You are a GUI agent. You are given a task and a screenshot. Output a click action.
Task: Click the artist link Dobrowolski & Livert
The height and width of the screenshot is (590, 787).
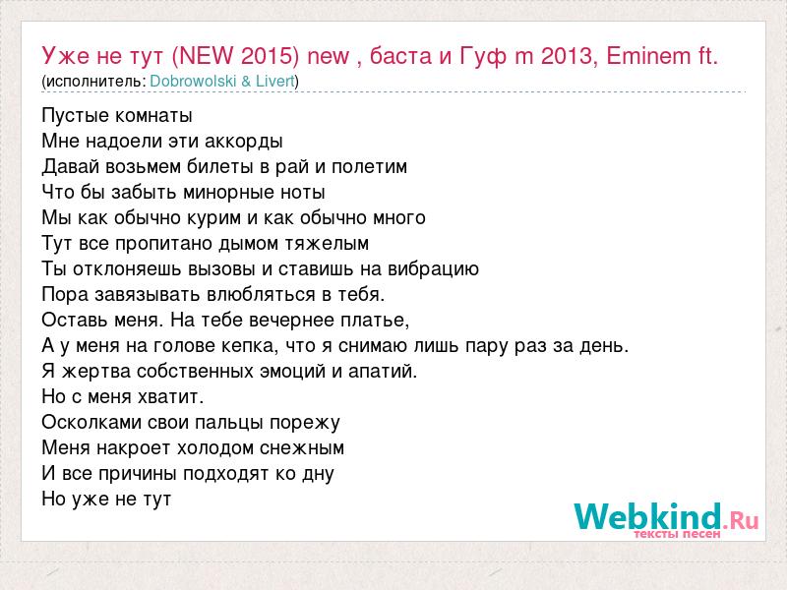pyautogui.click(x=222, y=81)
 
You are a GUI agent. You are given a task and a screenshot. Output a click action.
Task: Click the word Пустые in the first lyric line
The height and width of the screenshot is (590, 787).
pyautogui.click(x=76, y=116)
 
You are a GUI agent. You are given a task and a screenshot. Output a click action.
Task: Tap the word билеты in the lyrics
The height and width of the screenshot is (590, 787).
pyautogui.click(x=220, y=166)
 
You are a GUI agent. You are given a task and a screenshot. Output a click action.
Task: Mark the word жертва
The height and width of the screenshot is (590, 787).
pyautogui.click(x=95, y=372)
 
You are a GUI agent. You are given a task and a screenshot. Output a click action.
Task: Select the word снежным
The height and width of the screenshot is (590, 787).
pyautogui.click(x=302, y=448)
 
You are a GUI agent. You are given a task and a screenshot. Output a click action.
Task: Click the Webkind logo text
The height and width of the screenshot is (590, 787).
pyautogui.click(x=666, y=516)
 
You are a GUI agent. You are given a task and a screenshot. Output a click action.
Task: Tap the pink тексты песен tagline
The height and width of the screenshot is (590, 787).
pyautogui.click(x=677, y=534)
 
